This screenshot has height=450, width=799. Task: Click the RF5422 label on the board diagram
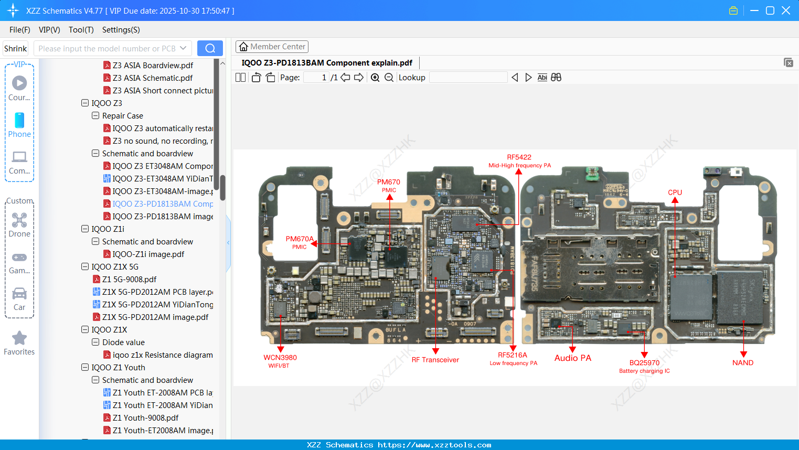pyautogui.click(x=519, y=157)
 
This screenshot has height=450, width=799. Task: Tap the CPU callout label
pyautogui.click(x=675, y=192)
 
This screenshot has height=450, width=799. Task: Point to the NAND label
pyautogui.click(x=742, y=362)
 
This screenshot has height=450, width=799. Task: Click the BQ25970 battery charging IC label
pyautogui.click(x=644, y=363)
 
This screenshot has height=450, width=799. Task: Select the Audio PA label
pyautogui.click(x=572, y=358)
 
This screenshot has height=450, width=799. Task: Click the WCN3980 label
pyautogui.click(x=280, y=358)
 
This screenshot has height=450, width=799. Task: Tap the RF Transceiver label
pyautogui.click(x=435, y=360)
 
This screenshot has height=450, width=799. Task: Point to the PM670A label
pyautogui.click(x=299, y=239)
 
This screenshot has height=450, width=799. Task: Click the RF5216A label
pyautogui.click(x=513, y=355)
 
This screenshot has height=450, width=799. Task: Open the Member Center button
pyautogui.click(x=272, y=47)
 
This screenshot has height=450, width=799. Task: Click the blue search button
pyautogui.click(x=210, y=48)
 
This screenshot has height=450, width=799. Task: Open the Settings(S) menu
pyautogui.click(x=121, y=30)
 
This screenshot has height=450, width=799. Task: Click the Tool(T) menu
pyautogui.click(x=81, y=30)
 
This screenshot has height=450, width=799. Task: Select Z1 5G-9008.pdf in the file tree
pyautogui.click(x=129, y=279)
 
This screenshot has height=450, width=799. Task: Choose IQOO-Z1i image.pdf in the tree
pyautogui.click(x=148, y=254)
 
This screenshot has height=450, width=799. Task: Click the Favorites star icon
pyautogui.click(x=19, y=338)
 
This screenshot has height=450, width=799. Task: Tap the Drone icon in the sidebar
pyautogui.click(x=19, y=220)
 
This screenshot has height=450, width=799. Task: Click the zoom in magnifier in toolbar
pyautogui.click(x=375, y=78)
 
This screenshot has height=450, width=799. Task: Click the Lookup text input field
pyautogui.click(x=468, y=78)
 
